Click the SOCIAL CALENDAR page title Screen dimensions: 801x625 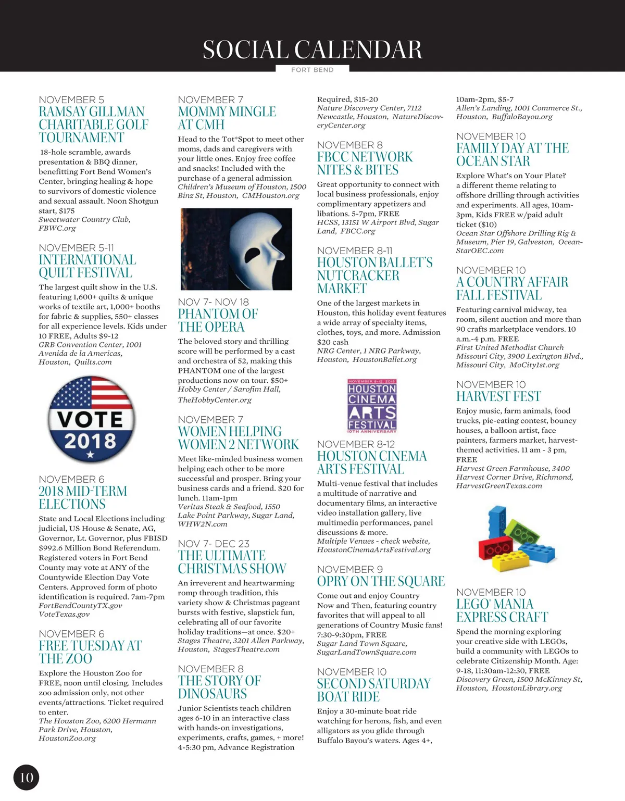[x=312, y=50]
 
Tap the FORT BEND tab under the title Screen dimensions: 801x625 [x=312, y=70]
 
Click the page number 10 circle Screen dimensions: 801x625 [x=26, y=778]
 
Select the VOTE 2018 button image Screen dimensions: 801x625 [x=91, y=420]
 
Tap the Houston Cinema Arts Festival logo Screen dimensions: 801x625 [x=372, y=406]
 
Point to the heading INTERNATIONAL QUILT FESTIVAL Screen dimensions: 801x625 [x=87, y=266]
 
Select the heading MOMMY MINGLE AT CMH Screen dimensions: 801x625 [x=227, y=118]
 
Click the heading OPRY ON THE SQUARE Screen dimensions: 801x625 [x=381, y=581]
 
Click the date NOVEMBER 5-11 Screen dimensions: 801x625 [x=76, y=248]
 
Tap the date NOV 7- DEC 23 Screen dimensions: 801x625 [x=214, y=544]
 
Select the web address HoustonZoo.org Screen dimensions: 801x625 [x=67, y=738]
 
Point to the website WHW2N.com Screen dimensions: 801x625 [x=202, y=524]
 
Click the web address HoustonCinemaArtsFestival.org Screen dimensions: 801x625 [x=374, y=549]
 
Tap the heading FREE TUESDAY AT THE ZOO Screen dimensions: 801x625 [x=90, y=652]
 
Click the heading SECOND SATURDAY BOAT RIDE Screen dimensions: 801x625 [x=373, y=690]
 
